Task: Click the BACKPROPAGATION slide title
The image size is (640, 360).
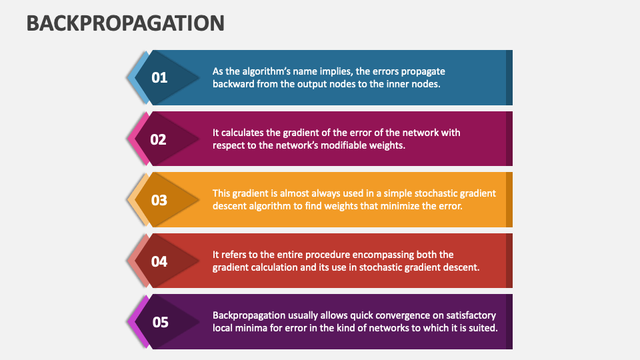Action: [125, 23]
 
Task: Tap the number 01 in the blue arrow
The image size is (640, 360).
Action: [159, 78]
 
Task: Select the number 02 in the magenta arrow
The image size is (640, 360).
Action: [158, 139]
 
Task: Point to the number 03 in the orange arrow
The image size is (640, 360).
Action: [159, 200]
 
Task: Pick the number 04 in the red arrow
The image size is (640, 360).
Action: [159, 261]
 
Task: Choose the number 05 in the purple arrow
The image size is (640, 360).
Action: [161, 323]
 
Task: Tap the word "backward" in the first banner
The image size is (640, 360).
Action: [234, 84]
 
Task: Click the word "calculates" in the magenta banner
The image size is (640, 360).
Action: [243, 132]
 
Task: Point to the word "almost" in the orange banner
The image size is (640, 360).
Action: [295, 193]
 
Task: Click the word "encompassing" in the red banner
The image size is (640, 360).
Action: [364, 255]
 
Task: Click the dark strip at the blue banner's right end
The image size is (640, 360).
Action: [509, 77]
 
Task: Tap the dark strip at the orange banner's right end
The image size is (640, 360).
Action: [509, 200]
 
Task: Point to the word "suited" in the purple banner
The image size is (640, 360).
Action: [481, 328]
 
